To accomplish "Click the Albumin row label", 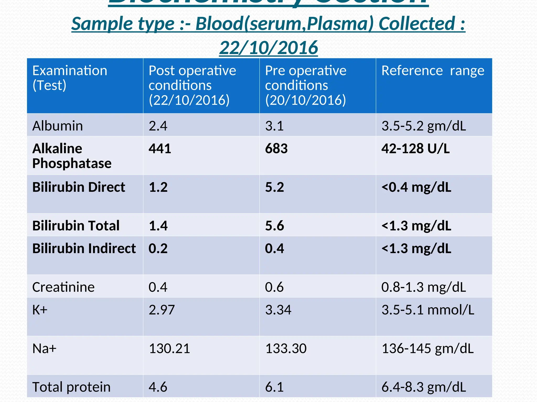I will [x=57, y=126].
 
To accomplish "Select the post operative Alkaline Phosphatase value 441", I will [x=160, y=149].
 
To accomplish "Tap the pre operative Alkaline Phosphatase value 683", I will [x=276, y=149].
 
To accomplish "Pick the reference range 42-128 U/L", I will [x=415, y=149].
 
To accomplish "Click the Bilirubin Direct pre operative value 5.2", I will [x=274, y=187].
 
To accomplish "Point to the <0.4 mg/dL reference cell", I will [x=416, y=187].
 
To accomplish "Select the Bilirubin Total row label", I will [x=76, y=226].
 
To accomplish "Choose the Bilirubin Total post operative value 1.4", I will [x=158, y=226].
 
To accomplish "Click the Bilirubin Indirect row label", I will [x=84, y=248].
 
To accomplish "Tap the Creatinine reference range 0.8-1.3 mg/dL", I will [x=423, y=287].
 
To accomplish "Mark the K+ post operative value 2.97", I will [x=162, y=310].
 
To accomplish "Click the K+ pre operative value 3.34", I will [x=278, y=310].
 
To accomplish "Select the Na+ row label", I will [x=44, y=349].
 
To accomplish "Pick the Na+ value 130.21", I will [x=169, y=349].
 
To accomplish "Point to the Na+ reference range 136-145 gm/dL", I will [x=427, y=349].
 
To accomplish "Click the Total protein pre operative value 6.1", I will [x=274, y=387].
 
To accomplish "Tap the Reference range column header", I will [x=433, y=71].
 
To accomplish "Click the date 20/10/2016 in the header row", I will [x=305, y=100].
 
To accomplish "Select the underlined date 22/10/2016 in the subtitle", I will [x=268, y=48].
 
